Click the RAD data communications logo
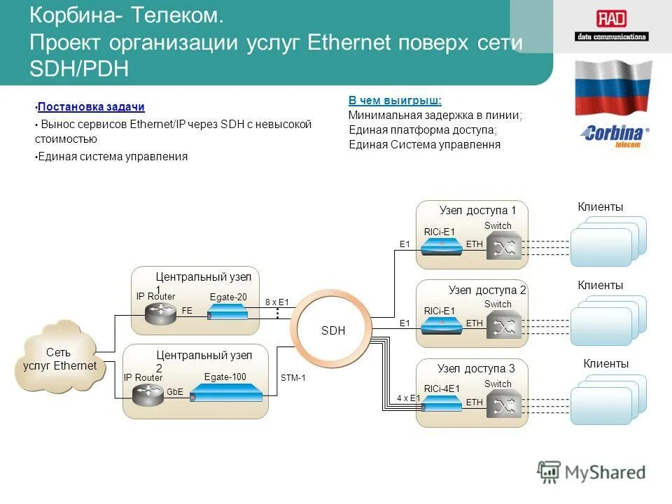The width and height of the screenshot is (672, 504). (611, 26)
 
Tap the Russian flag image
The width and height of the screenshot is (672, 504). (612, 87)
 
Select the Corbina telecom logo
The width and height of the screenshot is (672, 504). (614, 135)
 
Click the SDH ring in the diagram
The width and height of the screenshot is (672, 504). (333, 330)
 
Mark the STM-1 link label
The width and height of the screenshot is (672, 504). (293, 378)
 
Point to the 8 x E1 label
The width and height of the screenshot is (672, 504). (277, 302)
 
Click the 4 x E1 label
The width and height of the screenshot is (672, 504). (408, 398)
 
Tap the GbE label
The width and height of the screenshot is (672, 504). (174, 393)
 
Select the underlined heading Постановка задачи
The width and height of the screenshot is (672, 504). (91, 107)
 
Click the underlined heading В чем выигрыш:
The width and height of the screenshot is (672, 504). (395, 101)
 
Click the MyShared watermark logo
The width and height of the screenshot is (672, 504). (592, 472)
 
